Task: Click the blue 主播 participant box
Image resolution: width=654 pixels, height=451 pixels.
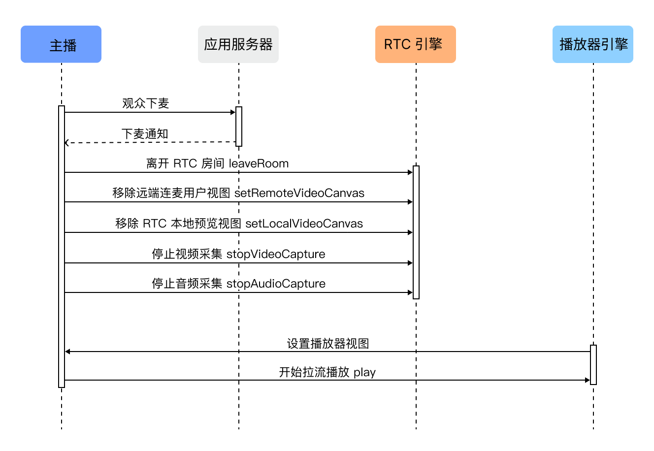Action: click(x=61, y=44)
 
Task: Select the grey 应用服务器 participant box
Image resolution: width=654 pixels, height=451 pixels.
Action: click(x=238, y=44)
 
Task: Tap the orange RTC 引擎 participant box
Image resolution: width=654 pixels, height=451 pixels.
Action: click(x=416, y=44)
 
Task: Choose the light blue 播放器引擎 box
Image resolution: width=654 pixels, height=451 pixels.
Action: click(x=593, y=44)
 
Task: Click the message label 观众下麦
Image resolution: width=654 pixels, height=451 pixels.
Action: click(x=145, y=103)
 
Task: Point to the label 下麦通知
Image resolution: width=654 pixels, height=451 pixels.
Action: click(x=145, y=134)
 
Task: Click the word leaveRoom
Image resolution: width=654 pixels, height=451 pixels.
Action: click(x=259, y=163)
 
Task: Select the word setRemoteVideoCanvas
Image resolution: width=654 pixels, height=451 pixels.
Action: click(x=299, y=193)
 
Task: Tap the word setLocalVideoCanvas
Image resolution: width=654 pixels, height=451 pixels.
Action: click(x=304, y=224)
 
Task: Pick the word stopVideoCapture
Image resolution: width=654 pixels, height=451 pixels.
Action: click(x=276, y=254)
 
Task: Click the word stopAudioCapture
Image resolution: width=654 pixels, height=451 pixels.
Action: click(x=276, y=284)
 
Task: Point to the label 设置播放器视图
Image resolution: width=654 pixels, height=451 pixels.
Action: click(x=328, y=344)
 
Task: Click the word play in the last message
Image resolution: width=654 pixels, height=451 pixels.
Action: click(x=364, y=373)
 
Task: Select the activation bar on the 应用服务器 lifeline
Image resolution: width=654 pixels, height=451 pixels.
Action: click(x=239, y=127)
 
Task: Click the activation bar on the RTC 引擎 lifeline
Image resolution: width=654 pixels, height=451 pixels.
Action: click(x=416, y=232)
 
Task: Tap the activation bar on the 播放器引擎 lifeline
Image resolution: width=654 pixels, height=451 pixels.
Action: click(x=593, y=365)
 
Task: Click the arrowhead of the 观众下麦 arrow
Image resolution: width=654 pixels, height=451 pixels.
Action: click(x=233, y=112)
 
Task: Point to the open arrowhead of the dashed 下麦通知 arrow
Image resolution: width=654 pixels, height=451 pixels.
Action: click(x=66, y=143)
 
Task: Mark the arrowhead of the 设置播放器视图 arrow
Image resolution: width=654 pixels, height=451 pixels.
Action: click(x=67, y=352)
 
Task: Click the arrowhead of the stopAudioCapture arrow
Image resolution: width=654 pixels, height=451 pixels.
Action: click(x=410, y=292)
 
